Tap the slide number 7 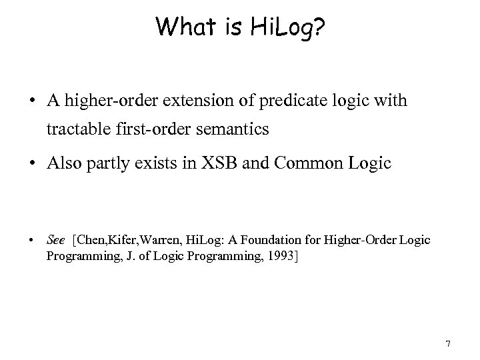[x=448, y=344]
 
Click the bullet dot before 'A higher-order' [x=32, y=101]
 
